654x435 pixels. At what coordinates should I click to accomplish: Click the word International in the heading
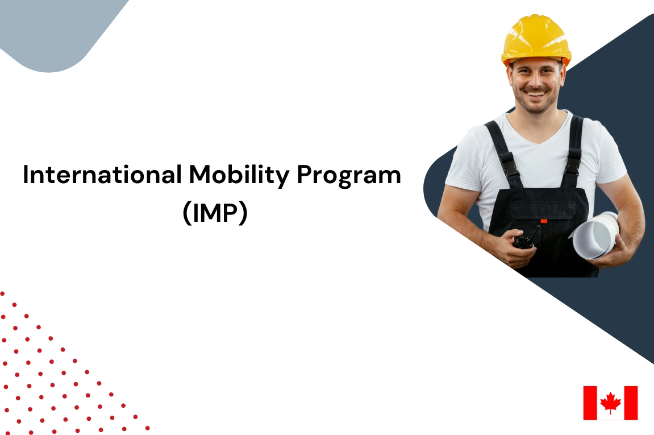(x=102, y=175)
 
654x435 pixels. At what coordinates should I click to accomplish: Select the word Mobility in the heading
(x=239, y=175)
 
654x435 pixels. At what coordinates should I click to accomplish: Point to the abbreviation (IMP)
(x=215, y=213)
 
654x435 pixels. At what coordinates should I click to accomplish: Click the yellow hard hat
(x=536, y=40)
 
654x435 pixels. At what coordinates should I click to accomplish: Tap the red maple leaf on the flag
(x=610, y=403)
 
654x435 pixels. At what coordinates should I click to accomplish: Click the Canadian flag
(x=610, y=403)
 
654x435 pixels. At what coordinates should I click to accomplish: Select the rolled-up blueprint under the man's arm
(x=595, y=235)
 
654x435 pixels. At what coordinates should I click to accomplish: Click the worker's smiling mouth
(x=536, y=93)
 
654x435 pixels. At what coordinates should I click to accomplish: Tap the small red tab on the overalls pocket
(x=543, y=221)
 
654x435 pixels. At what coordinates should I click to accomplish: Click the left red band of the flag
(x=590, y=403)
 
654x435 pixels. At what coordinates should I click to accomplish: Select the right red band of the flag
(x=631, y=403)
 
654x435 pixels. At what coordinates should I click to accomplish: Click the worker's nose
(x=535, y=81)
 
